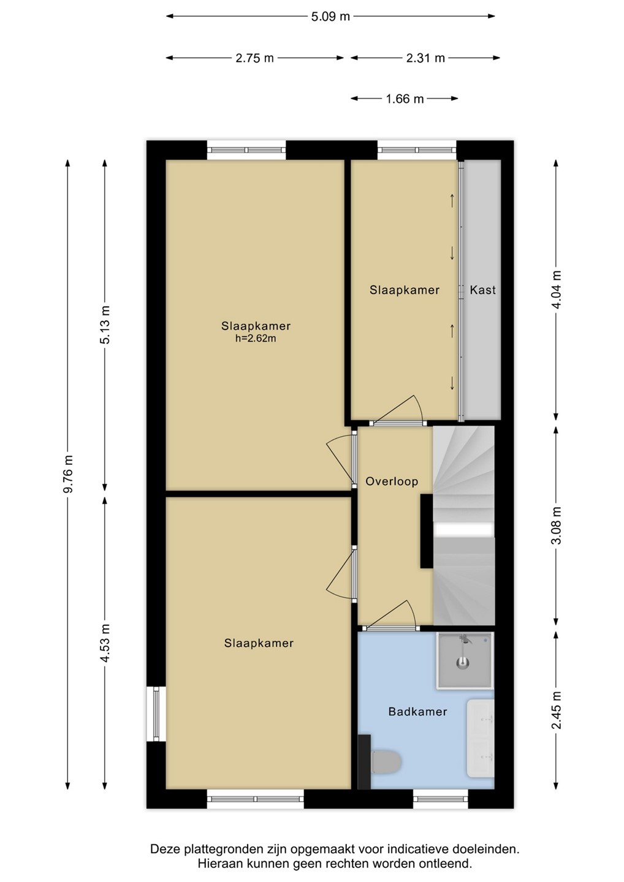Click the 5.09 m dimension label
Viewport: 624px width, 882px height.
330,17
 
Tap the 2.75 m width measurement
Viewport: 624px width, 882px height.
254,58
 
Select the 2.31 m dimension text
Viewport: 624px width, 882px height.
425,58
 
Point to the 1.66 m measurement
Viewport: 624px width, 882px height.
405,99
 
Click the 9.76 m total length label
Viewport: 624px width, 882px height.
69,474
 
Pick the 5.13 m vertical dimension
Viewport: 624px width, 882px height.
105,325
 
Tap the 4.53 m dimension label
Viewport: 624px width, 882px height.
105,644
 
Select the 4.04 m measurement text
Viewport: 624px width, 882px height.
557,290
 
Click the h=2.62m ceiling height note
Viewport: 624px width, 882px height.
256,338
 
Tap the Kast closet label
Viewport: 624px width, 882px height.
482,290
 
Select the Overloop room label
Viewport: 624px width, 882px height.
392,481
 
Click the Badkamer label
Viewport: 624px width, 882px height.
417,712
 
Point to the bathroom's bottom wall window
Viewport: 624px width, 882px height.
441,799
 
